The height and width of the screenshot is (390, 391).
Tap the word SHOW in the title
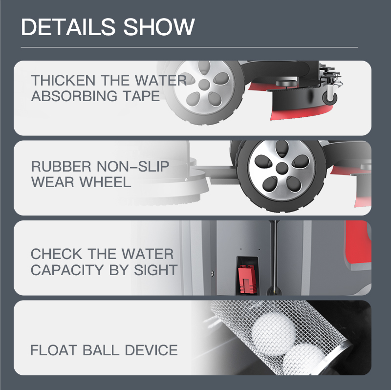159,27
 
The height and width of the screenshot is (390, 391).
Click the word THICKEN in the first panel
63,80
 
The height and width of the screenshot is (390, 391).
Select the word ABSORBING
74,96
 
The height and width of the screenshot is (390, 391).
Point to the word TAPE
141,96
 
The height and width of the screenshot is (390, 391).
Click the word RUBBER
61,166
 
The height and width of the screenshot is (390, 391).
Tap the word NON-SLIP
132,166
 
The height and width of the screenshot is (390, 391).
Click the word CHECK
56,254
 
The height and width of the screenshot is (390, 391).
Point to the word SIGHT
155,270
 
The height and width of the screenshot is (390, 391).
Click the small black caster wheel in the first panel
329,98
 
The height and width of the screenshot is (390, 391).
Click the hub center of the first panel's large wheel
204,84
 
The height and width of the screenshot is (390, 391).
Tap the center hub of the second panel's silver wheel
282,168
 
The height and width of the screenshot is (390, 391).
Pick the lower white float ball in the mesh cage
304,359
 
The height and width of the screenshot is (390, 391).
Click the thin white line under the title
190,47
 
